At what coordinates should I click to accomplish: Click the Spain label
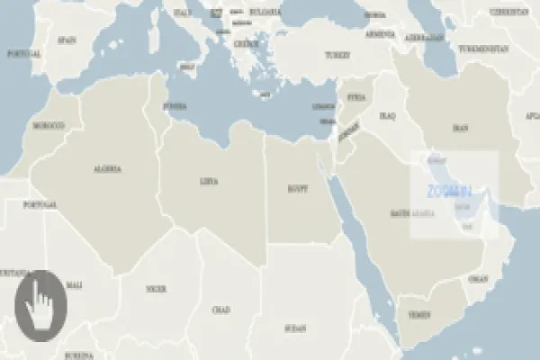pos(67,40)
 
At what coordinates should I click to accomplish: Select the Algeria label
pos(107,168)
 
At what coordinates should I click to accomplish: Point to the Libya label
pos(208,181)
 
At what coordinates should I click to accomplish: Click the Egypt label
pos(297,189)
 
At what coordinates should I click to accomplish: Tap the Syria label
pos(355,96)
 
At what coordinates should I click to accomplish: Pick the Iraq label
pos(388,116)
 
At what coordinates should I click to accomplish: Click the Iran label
pos(460,129)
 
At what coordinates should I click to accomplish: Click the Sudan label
pos(294,328)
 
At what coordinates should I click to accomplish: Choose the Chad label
pos(221,310)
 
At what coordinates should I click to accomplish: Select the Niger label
pos(157,289)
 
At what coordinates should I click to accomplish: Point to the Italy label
pos(183,13)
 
